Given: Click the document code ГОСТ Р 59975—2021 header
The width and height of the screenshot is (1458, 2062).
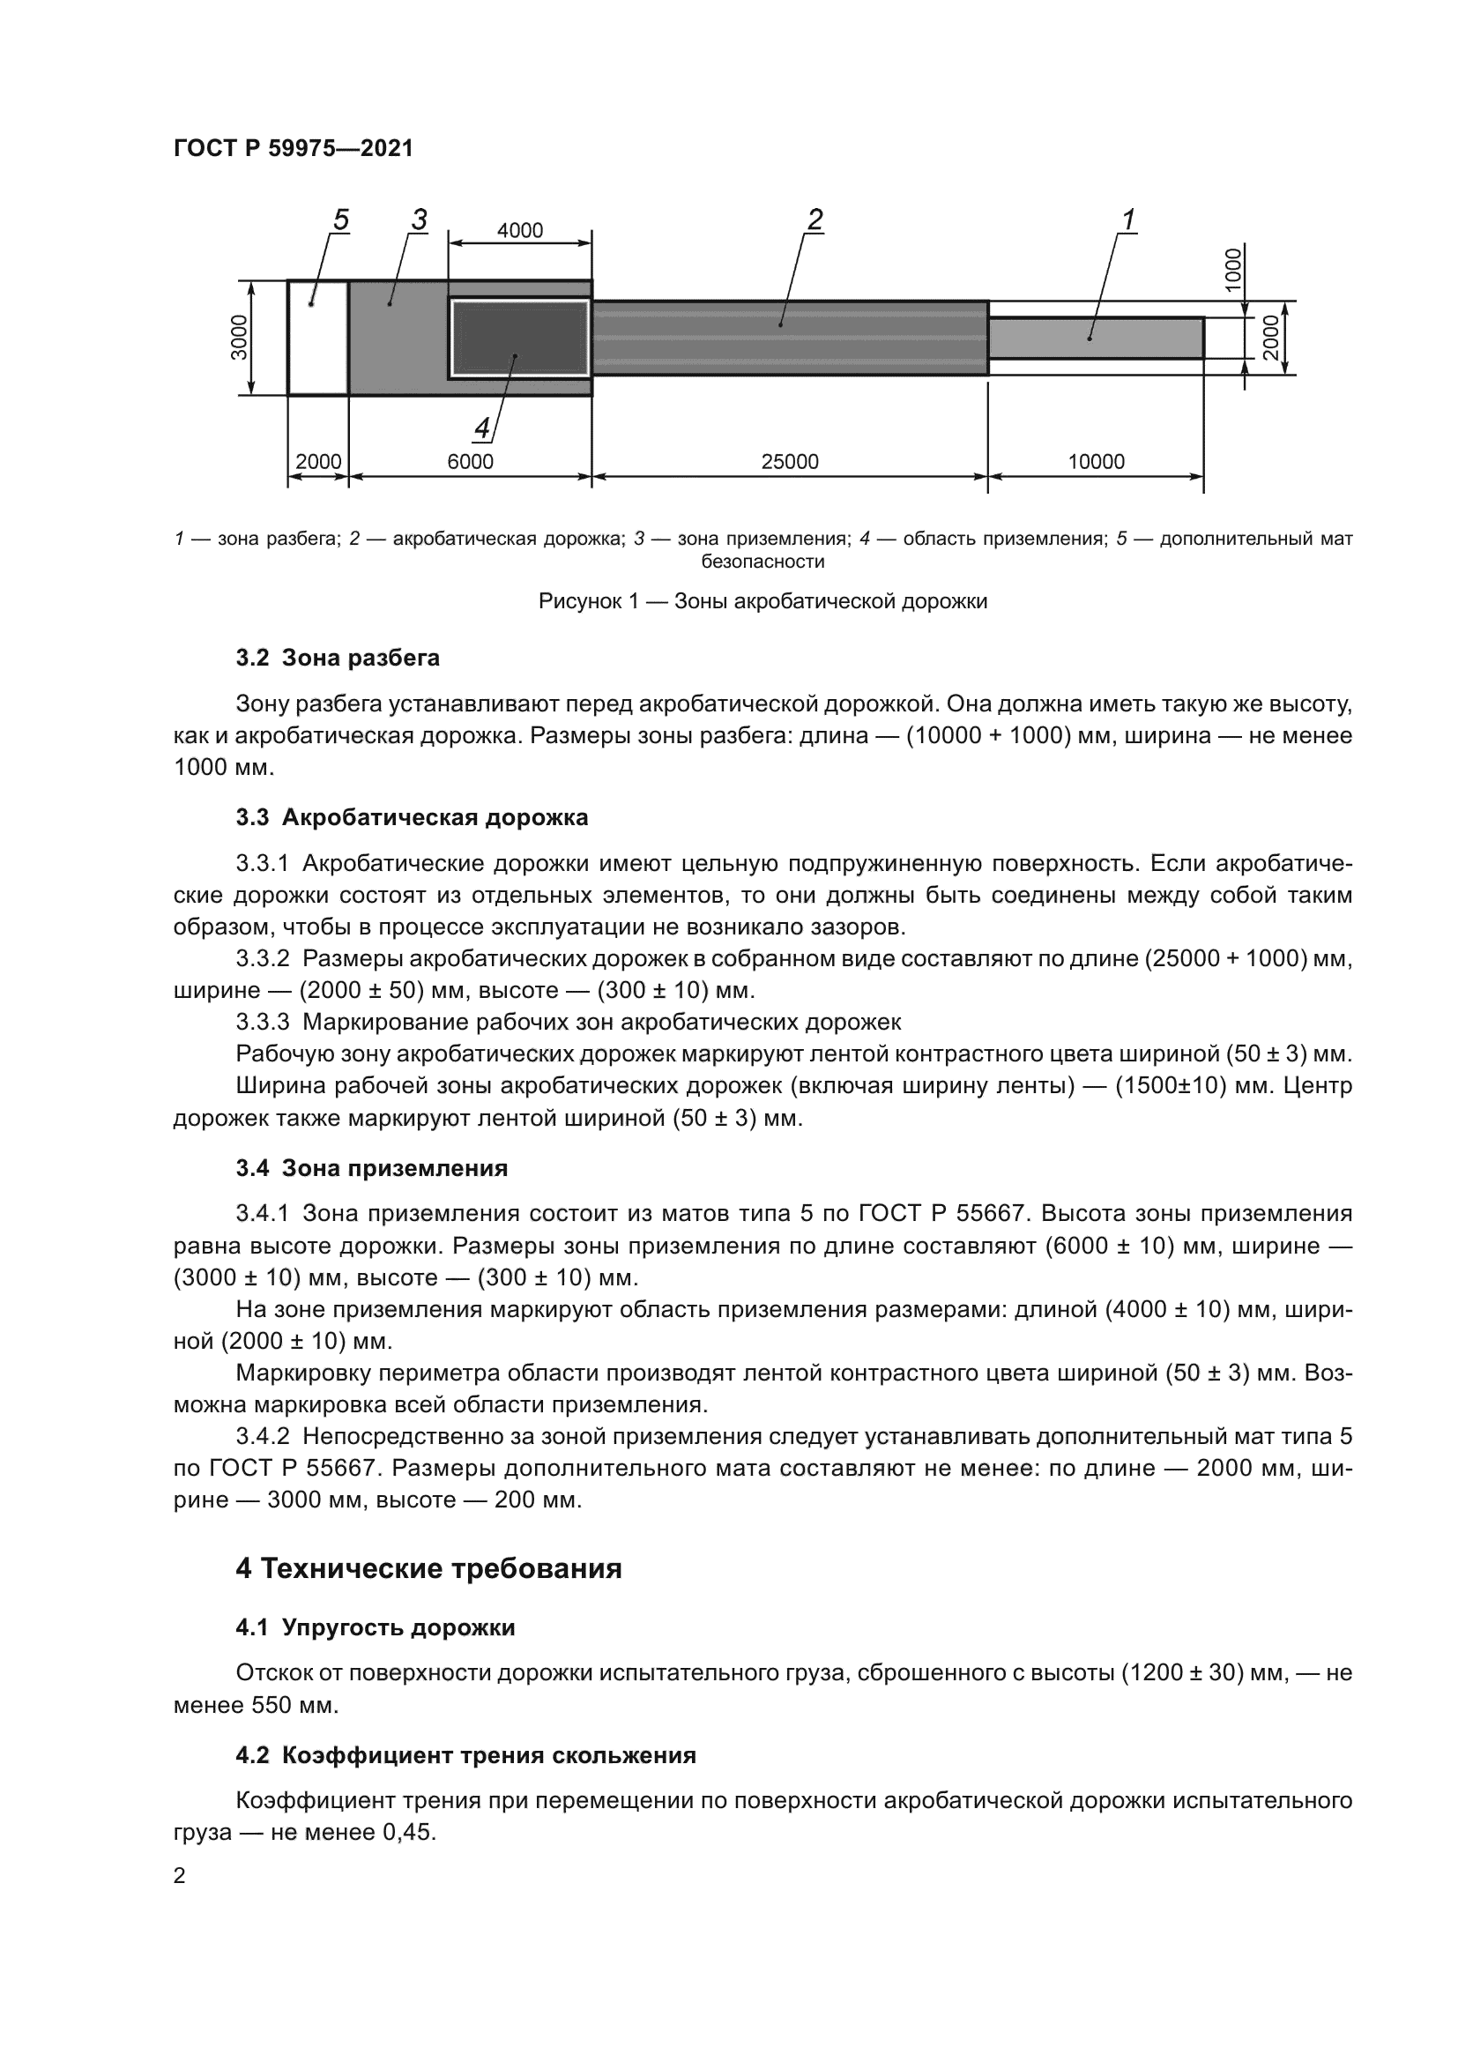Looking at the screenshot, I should (294, 148).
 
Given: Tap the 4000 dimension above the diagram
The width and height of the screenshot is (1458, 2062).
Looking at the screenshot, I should (520, 231).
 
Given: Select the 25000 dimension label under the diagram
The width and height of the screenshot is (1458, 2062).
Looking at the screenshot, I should (789, 462).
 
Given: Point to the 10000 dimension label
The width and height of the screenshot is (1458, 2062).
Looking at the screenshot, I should (1096, 462).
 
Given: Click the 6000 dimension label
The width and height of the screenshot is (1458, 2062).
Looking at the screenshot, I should (471, 462).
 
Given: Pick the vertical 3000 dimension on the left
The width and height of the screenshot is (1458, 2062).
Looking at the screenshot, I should (239, 338).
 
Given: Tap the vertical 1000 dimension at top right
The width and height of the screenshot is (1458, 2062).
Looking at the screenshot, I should (1234, 269).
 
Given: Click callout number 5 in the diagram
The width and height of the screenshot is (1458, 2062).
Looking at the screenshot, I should (340, 220).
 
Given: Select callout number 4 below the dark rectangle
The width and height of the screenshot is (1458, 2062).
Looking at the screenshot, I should (482, 429).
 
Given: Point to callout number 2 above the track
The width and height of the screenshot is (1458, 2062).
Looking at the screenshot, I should (815, 220).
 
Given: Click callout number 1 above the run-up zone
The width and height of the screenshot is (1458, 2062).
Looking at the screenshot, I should (1128, 220).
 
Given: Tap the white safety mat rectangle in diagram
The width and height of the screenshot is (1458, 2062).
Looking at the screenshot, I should (318, 338).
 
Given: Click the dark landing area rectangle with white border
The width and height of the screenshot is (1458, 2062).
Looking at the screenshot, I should (519, 338).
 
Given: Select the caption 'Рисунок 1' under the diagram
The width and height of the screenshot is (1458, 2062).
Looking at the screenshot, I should (762, 601).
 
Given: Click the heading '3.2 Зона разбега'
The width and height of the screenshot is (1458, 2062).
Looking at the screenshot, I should (338, 659).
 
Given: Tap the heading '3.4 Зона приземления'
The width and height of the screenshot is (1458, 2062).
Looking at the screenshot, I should (372, 1168).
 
